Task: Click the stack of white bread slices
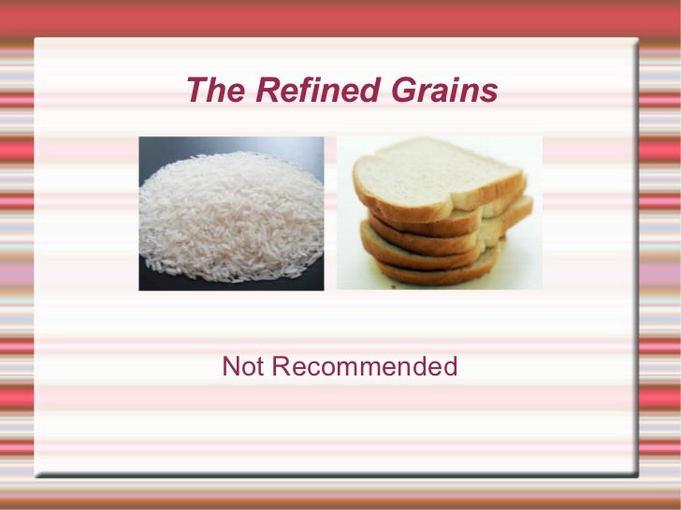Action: point(440,220)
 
